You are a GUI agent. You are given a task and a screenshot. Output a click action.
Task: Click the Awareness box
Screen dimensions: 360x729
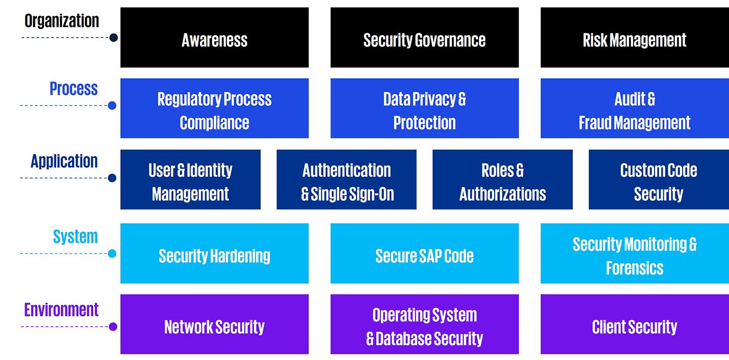(214, 38)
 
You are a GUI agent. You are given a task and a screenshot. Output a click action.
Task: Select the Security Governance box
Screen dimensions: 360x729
(424, 38)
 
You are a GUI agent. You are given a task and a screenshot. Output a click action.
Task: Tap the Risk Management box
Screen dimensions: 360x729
(634, 38)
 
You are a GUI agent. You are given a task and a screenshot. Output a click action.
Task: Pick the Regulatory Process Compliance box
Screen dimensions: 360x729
(214, 108)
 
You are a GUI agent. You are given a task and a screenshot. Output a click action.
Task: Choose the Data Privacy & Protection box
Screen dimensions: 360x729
(424, 108)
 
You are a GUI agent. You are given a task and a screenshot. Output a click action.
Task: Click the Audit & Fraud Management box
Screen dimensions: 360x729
(634, 108)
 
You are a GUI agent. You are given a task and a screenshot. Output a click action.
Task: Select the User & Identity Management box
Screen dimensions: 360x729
(190, 180)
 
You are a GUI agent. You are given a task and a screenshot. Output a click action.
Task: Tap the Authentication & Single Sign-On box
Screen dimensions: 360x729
(346, 180)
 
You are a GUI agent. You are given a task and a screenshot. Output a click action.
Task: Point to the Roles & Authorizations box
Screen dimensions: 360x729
(502, 180)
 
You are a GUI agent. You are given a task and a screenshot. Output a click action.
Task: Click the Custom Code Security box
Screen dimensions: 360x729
(659, 180)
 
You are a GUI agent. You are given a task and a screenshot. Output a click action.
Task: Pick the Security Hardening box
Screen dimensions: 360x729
(214, 254)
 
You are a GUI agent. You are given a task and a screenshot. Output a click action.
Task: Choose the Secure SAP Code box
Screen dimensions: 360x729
(424, 254)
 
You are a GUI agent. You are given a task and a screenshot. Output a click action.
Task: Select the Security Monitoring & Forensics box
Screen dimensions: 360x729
(634, 254)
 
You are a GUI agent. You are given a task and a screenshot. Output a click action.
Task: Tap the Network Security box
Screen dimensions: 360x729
(214, 325)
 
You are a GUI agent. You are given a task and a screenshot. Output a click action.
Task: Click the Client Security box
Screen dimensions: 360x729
(634, 325)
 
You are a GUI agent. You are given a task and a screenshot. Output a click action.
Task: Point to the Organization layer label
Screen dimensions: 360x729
(61, 21)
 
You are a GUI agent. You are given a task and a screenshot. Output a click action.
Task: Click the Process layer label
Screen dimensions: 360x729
(73, 89)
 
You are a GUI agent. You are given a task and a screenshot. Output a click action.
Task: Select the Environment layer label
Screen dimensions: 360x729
(61, 309)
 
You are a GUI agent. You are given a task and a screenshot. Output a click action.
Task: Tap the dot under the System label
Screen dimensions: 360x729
(112, 254)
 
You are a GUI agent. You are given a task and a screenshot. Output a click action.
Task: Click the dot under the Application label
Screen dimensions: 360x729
(112, 178)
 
